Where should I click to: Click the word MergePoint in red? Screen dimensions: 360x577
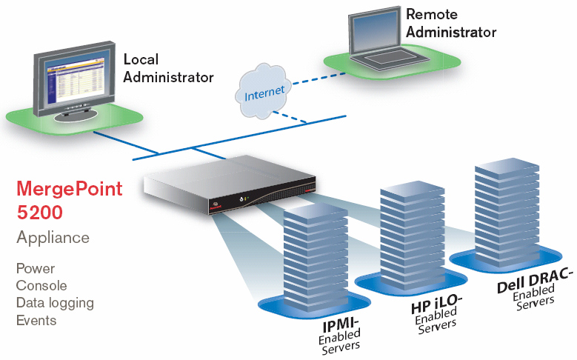coord(69,188)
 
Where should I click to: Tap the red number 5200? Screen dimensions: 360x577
coord(39,213)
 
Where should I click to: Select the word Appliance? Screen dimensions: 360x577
coord(53,238)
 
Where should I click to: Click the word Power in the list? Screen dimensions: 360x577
coord(36,268)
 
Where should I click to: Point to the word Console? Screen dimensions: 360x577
coord(41,285)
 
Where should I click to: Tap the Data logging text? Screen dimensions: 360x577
coord(55,303)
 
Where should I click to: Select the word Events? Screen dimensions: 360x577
coord(36,320)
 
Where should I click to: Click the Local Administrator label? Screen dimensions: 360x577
coord(168,67)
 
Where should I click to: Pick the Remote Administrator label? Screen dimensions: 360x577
coord(450,23)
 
